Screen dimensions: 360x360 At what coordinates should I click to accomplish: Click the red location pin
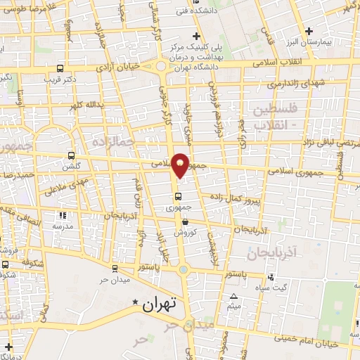[x=181, y=164]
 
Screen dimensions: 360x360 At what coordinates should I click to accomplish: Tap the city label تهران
[x=161, y=305]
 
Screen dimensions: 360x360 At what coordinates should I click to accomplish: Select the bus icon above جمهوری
[x=177, y=197]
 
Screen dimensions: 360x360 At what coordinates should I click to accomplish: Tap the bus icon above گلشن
[x=70, y=155]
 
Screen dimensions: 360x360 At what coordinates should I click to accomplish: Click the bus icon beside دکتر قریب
[x=60, y=70]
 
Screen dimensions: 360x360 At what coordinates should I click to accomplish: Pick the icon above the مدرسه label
[x=63, y=215]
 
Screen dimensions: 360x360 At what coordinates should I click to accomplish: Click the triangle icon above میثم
[x=234, y=295]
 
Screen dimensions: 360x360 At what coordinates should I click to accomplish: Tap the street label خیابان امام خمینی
[x=330, y=344]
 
